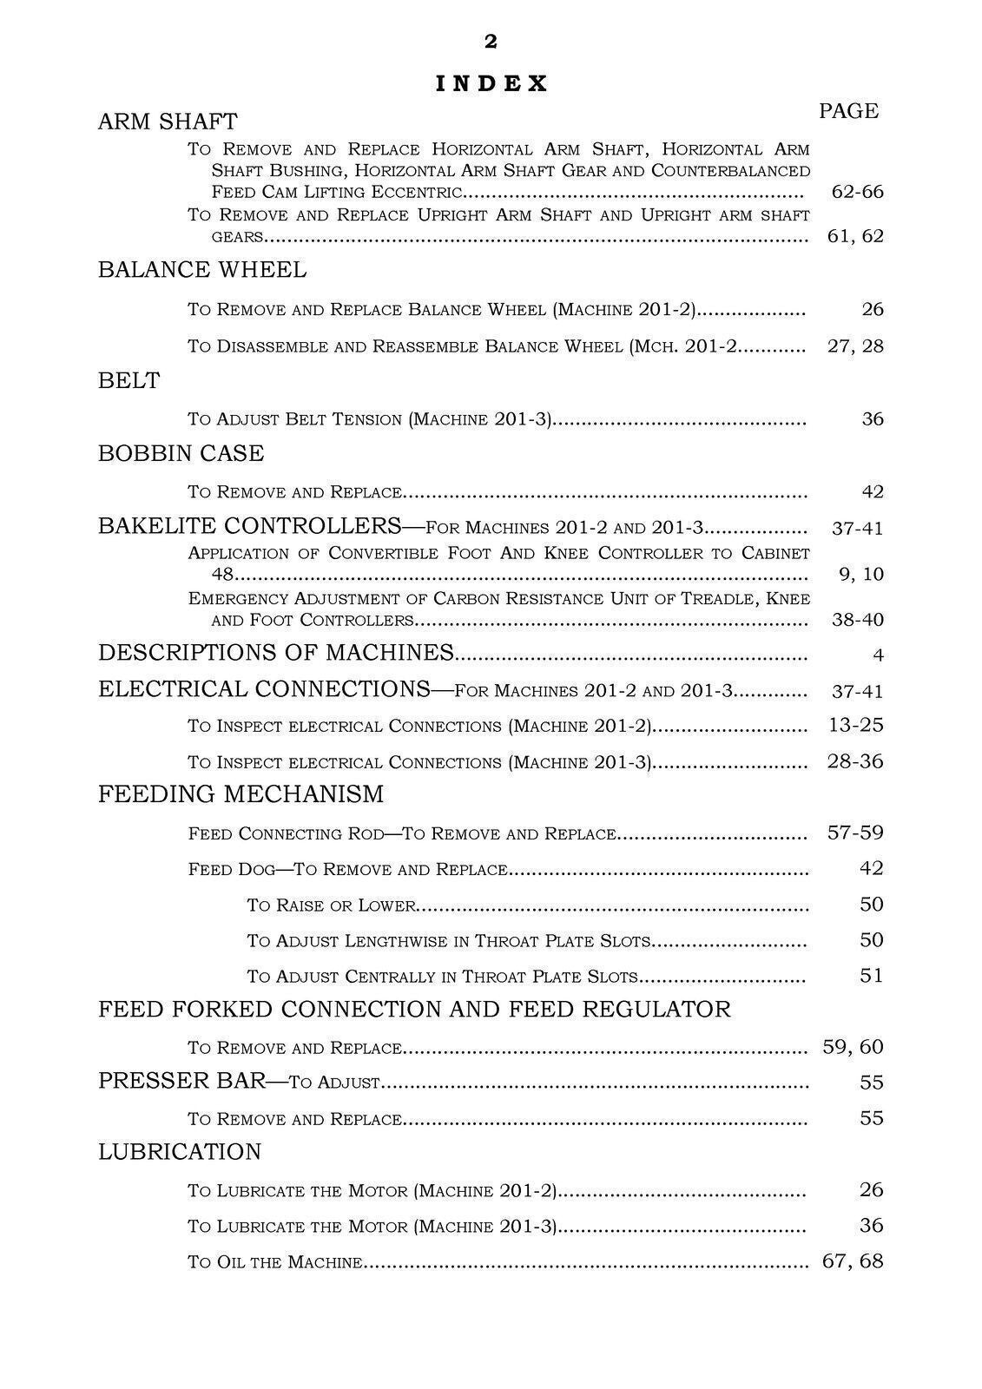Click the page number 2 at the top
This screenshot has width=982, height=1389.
[x=491, y=42]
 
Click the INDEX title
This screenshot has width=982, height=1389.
[x=491, y=83]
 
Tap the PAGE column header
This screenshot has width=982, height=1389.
[x=848, y=111]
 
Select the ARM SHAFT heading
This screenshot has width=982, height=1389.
[x=168, y=122]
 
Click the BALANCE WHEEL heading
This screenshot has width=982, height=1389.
[x=202, y=270]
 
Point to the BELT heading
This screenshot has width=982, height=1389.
[x=129, y=381]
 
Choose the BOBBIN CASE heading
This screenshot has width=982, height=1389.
[x=181, y=454]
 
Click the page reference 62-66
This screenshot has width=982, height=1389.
[x=856, y=192]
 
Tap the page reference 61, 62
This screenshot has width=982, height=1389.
[x=855, y=236]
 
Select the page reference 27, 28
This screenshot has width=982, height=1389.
[x=855, y=346]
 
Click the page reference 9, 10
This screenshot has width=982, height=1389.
[x=861, y=574]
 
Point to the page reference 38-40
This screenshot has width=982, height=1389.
[x=857, y=620]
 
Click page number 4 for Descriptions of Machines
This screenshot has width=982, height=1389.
[x=878, y=655]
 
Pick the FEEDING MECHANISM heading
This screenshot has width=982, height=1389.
[x=241, y=794]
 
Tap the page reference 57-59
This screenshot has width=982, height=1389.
[x=855, y=833]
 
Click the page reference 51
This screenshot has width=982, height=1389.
[x=871, y=976]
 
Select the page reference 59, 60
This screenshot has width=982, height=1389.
[x=853, y=1047]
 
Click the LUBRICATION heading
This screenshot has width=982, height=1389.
[x=180, y=1152]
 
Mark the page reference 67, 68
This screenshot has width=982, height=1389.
[x=853, y=1261]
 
